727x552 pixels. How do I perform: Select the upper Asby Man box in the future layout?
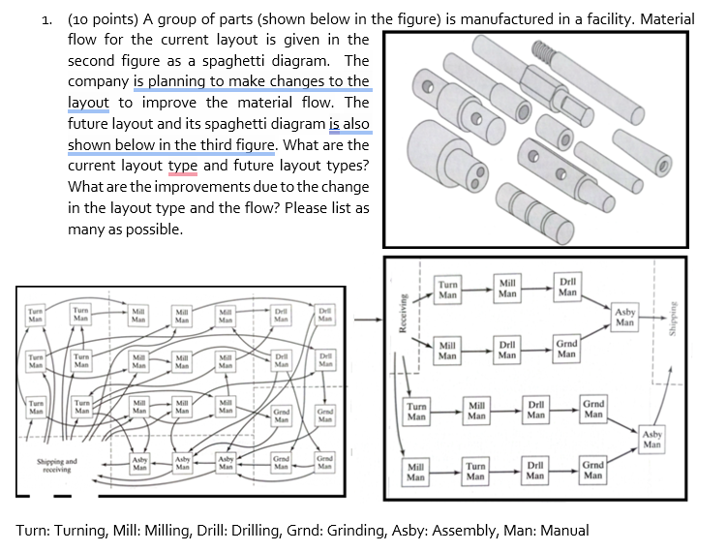tap(625, 317)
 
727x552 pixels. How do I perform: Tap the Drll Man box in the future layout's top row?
tap(567, 285)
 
